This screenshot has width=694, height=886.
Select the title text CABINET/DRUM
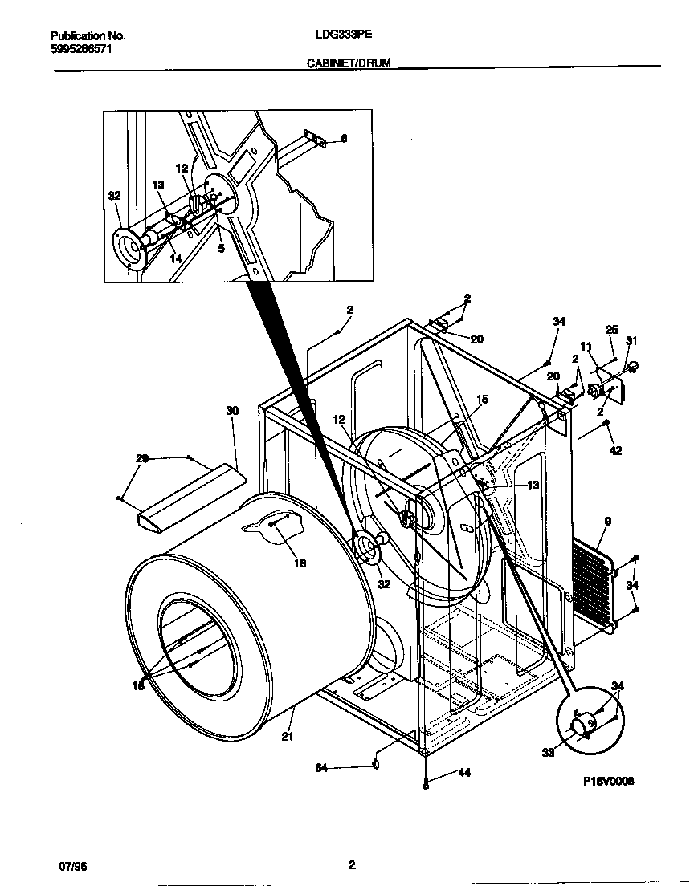coord(349,62)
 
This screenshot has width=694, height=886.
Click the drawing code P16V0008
coord(609,781)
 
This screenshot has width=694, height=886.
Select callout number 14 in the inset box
coord(175,258)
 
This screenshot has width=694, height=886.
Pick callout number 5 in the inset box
coord(221,250)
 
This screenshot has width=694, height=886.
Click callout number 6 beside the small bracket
coord(344,139)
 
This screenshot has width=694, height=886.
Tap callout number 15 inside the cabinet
coord(482,399)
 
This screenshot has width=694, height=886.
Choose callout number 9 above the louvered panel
coord(607,522)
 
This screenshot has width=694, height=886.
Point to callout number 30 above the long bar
coord(232,411)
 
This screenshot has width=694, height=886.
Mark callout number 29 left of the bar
coord(142,458)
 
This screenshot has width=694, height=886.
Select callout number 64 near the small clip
coord(321,768)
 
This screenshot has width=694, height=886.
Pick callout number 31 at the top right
coord(631,342)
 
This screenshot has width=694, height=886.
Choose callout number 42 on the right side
coord(615,450)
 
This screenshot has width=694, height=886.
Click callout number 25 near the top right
coord(611,330)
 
